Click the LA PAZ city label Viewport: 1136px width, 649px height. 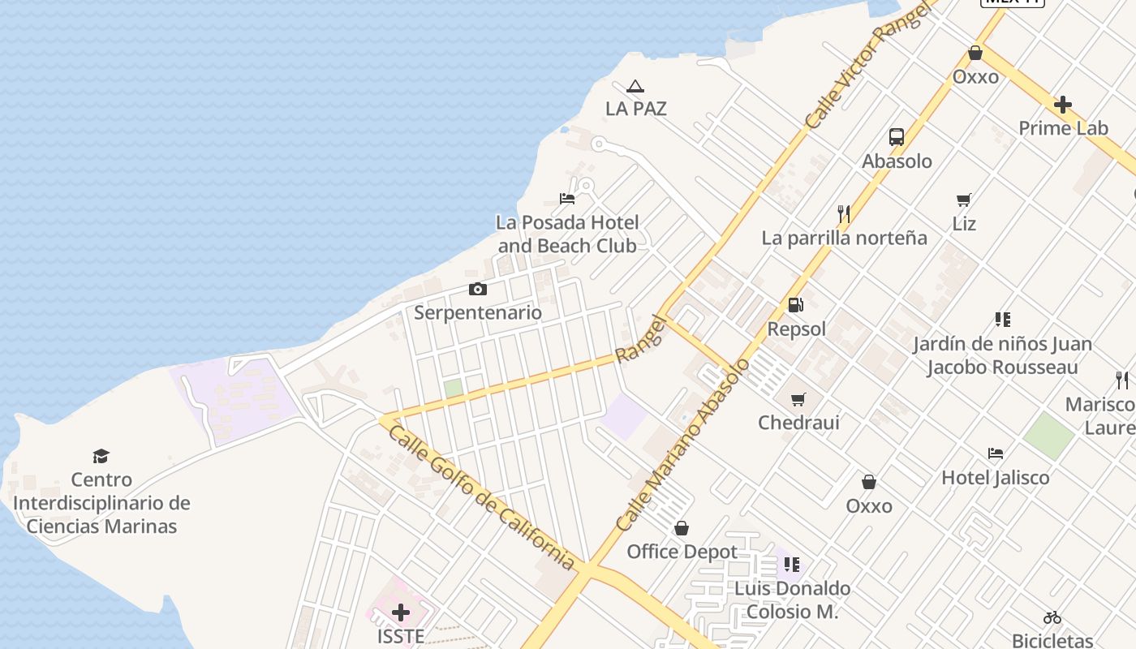[x=636, y=109]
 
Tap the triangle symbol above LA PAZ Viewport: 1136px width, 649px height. [x=635, y=86]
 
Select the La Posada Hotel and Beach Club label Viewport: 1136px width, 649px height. [x=567, y=234]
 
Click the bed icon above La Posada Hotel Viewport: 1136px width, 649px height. [x=567, y=198]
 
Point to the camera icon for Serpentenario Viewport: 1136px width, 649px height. [x=478, y=289]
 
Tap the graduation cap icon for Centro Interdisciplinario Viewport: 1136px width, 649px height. [x=101, y=456]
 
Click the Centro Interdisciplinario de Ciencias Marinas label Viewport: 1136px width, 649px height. [x=101, y=503]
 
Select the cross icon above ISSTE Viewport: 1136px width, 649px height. [x=401, y=612]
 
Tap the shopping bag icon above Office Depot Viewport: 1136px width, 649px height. [x=682, y=528]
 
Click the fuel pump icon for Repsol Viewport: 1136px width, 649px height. [x=796, y=305]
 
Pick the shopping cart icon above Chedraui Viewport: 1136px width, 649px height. [x=798, y=399]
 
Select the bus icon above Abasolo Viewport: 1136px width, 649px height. [x=897, y=137]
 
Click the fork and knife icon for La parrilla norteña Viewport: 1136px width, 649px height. [x=844, y=214]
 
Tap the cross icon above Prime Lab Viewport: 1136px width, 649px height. [x=1063, y=105]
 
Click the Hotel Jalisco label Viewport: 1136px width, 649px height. [x=996, y=478]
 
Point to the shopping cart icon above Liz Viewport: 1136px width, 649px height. [x=964, y=200]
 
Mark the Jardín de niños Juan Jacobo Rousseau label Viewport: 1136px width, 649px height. [x=1003, y=355]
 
